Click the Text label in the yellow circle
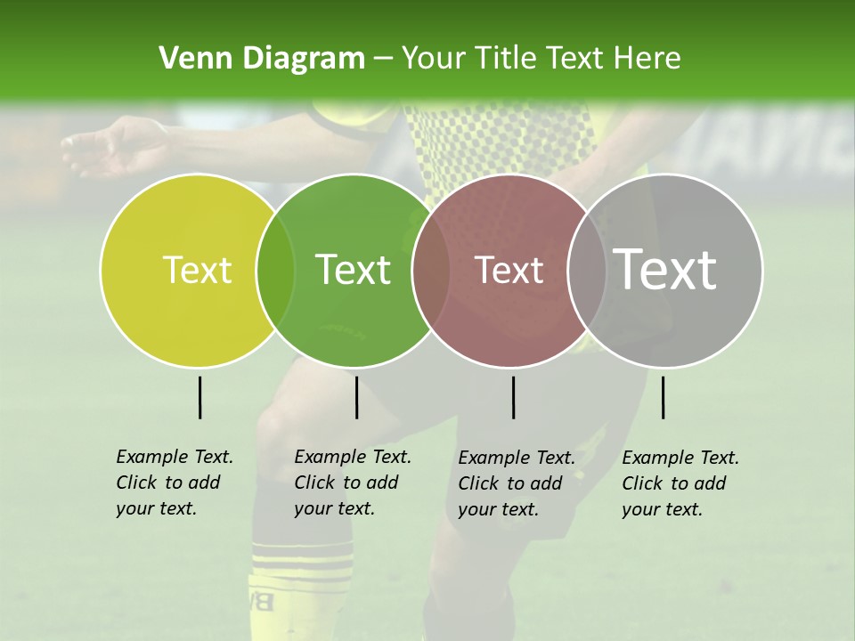coord(197,270)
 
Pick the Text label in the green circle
coord(354,270)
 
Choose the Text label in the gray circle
coord(665,270)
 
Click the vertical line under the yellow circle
coord(200,397)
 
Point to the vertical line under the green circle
coord(356,397)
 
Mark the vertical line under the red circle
coord(514,397)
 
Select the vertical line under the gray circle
coord(664,397)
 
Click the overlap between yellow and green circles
coord(275,270)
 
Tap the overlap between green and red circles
coord(431,270)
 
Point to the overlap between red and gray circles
coord(587,270)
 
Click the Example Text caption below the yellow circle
coord(174,483)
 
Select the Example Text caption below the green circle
coord(352,483)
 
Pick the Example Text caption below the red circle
coord(516,483)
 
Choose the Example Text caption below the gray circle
coord(680,483)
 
